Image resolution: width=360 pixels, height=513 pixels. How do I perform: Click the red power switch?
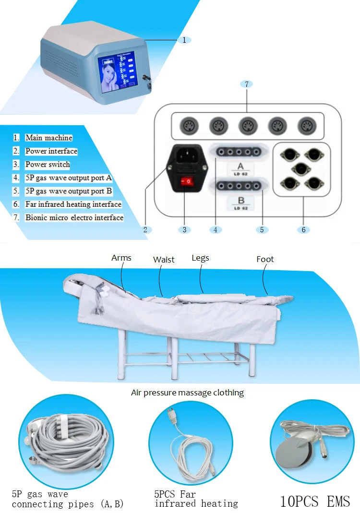pyautogui.click(x=188, y=181)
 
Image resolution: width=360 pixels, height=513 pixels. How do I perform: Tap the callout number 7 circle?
pyautogui.click(x=246, y=84)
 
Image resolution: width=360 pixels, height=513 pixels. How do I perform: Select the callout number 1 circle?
pyautogui.click(x=184, y=40)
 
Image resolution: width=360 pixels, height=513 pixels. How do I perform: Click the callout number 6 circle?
pyautogui.click(x=303, y=230)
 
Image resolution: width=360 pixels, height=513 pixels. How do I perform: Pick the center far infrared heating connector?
pyautogui.click(x=301, y=168)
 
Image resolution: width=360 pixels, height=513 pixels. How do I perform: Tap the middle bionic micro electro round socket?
pyautogui.click(x=246, y=126)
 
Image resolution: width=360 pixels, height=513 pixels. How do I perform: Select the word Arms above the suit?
pyautogui.click(x=121, y=258)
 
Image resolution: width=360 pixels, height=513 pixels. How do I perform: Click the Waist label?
pyautogui.click(x=164, y=260)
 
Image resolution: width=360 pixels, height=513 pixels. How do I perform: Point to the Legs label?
pyautogui.click(x=200, y=258)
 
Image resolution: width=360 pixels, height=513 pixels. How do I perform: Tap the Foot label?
pyautogui.click(x=265, y=259)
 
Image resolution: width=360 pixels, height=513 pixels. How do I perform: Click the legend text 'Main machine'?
pyautogui.click(x=49, y=138)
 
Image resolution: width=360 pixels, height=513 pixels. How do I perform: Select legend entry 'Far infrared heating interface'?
pyautogui.click(x=73, y=204)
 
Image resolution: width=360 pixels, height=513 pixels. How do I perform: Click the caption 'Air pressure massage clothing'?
pyautogui.click(x=187, y=393)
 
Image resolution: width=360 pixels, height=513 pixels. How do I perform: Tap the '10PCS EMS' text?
pyautogui.click(x=315, y=501)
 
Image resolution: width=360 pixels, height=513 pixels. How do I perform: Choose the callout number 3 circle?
pyautogui.click(x=184, y=230)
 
